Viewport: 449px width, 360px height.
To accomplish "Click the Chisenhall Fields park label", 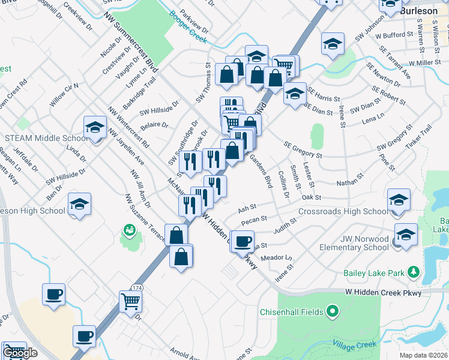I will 291,312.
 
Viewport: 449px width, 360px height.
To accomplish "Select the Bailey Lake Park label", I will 374,274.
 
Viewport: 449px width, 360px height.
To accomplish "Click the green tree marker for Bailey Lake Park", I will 414,273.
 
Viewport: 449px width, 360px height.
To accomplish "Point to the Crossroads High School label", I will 343,212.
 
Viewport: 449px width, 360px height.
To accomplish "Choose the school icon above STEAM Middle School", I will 95,128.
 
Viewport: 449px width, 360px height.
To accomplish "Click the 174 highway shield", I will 137,289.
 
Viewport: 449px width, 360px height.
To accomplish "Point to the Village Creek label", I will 354,345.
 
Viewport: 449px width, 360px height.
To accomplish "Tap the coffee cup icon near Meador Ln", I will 243,241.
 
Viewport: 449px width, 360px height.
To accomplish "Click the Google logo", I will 20,353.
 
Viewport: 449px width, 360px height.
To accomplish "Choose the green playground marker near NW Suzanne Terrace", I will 129,230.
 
